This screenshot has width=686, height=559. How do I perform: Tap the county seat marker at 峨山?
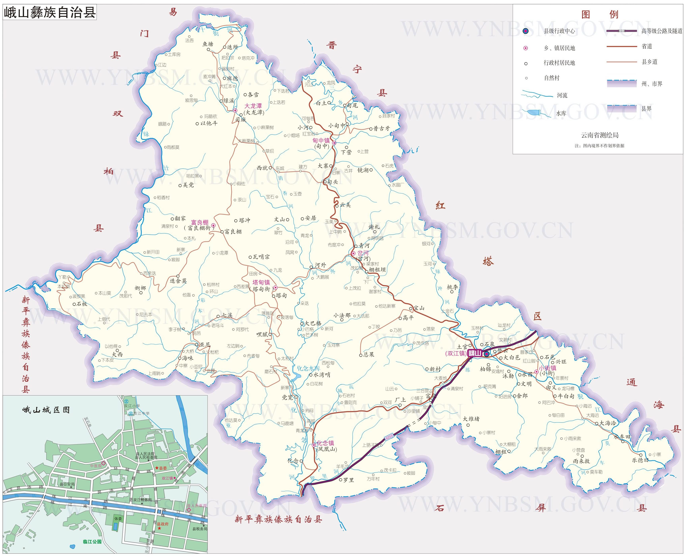[x=487, y=354]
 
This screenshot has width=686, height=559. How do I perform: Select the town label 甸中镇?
[x=321, y=140]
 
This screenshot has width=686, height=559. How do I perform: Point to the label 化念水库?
[x=308, y=368]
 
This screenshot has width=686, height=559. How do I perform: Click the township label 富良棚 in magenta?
[x=200, y=222]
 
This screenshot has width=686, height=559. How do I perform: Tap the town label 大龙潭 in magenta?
[x=253, y=106]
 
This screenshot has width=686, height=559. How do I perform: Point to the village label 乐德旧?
[x=640, y=460]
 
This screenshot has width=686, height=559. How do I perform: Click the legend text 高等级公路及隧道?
[x=662, y=31]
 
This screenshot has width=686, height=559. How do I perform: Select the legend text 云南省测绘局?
[x=599, y=135]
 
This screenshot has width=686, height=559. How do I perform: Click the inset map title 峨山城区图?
[x=46, y=410]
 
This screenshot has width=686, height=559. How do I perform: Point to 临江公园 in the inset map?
[x=92, y=541]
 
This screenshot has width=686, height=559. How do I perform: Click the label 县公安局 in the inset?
[x=67, y=484]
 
